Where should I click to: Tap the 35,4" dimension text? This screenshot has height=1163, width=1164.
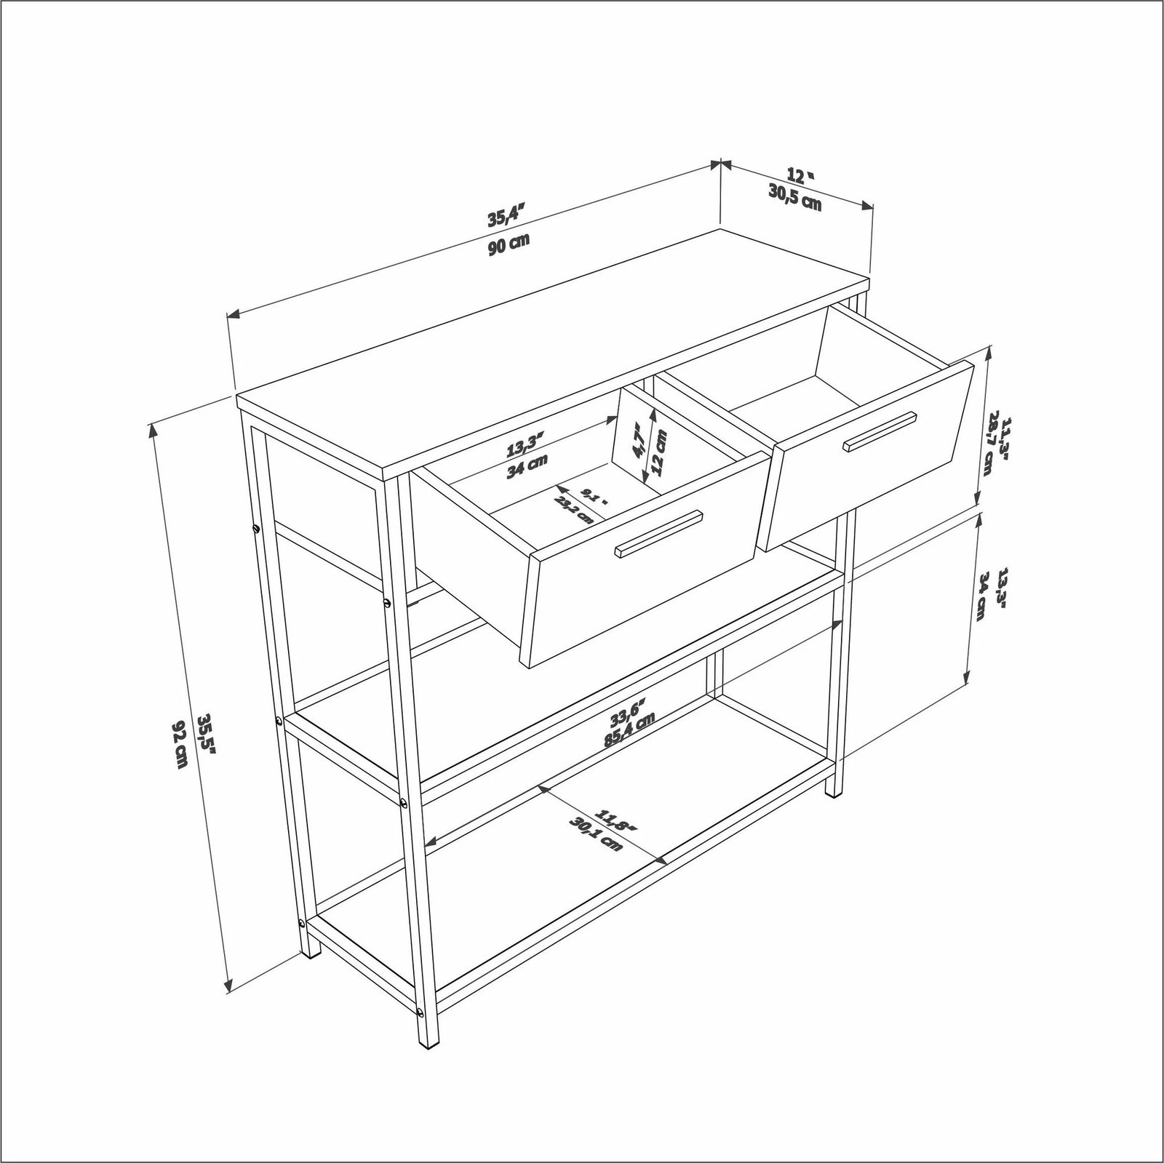coord(506,216)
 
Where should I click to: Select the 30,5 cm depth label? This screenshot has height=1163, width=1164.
coord(794,197)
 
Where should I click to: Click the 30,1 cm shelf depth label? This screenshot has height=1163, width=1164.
coord(597,834)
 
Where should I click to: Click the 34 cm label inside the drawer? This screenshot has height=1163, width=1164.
coord(527,465)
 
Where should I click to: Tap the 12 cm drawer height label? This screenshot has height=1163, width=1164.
coord(659,451)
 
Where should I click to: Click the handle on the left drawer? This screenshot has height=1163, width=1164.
coord(658,534)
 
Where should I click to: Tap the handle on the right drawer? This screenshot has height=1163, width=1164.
coord(880,432)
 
